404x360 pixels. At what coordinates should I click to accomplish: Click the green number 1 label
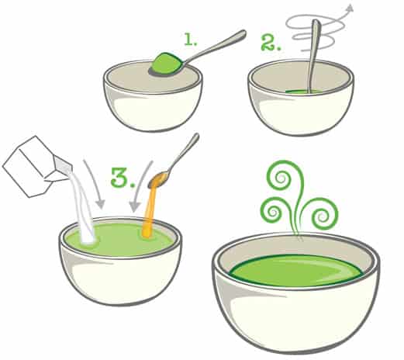pos(190,40)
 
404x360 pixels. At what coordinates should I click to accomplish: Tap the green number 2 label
pos(271,42)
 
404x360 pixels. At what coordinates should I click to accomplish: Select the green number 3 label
pos(123,177)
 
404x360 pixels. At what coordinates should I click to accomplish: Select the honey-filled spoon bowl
pos(158,180)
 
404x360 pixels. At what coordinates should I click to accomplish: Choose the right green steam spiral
pos(323,215)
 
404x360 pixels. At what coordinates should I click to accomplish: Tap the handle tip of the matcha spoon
pos(243,33)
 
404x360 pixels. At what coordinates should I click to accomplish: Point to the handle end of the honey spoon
pos(196,137)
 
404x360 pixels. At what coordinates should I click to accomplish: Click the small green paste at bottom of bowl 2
pos(304,92)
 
